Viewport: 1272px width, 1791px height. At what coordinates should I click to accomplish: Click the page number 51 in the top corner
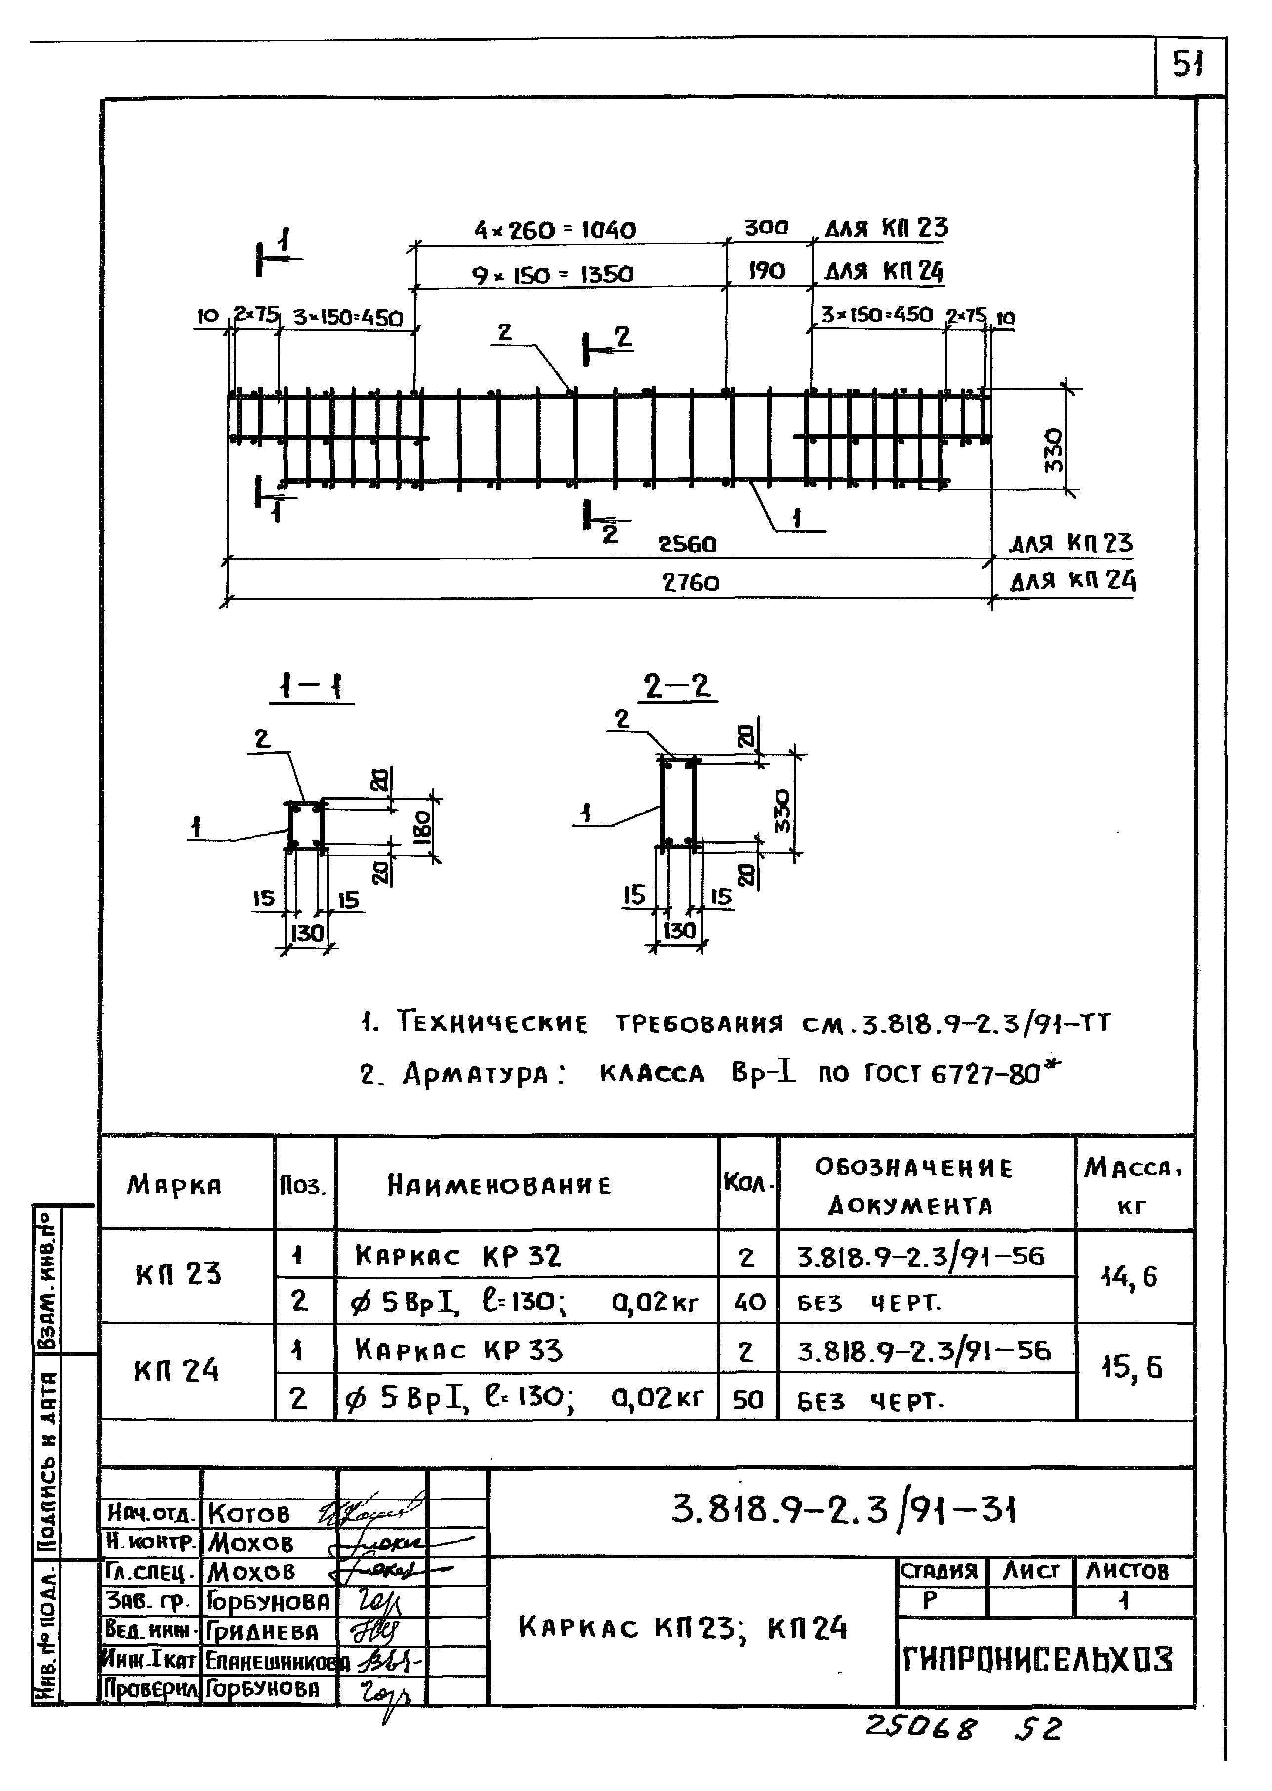tap(1188, 64)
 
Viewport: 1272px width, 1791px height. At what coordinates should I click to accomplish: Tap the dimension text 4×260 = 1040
tap(555, 230)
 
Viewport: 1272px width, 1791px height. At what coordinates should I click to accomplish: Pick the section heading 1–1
tap(312, 688)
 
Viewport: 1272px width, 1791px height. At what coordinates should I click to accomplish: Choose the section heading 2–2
tap(678, 687)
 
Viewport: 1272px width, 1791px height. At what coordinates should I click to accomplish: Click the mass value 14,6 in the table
tap(1129, 1277)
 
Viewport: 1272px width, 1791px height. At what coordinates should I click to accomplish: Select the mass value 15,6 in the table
tap(1132, 1368)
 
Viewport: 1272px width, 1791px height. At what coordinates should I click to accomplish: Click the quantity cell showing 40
tap(749, 1303)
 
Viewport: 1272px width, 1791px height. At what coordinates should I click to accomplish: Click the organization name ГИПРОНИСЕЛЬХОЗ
tap(1038, 1660)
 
